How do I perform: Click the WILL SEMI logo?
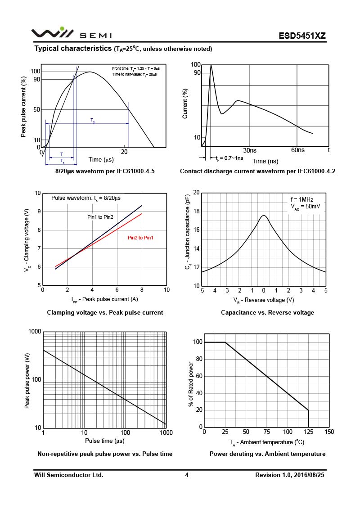point(71,34)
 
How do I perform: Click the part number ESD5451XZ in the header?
point(301,36)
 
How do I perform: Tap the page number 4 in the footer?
point(186,475)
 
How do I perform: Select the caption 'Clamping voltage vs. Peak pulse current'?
point(105,312)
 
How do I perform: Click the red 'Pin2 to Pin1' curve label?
point(140,238)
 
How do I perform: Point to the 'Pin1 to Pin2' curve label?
point(100,217)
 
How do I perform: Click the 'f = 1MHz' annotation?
point(301,199)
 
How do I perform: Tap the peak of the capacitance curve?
point(264,216)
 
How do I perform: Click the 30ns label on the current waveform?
point(250,150)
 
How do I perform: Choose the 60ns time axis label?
point(298,150)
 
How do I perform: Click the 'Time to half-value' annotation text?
point(135,74)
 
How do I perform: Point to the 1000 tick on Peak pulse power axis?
point(35,332)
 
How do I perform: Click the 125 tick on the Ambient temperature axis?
point(308,432)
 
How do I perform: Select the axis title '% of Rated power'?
point(191,383)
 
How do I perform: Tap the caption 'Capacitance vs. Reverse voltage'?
point(267,312)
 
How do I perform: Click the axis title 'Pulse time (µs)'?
point(105,441)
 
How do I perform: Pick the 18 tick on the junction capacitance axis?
point(196,212)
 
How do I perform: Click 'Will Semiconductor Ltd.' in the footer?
point(69,475)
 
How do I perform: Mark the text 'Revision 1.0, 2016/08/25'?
point(290,475)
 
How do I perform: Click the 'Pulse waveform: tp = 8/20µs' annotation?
point(86,198)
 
